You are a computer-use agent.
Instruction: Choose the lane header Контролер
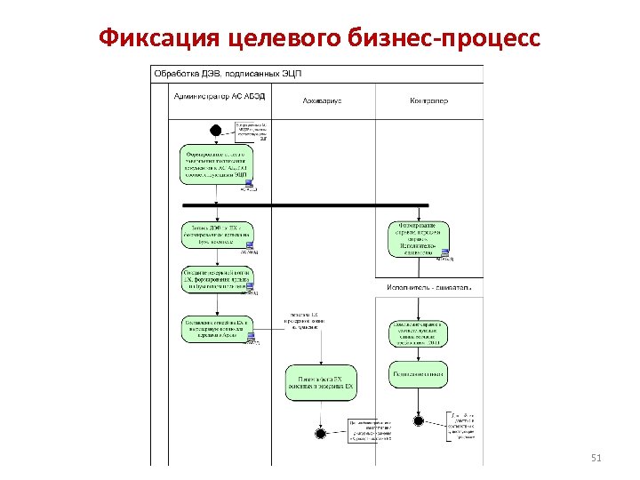(429, 100)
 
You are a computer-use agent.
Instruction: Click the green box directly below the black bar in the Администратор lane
(216, 236)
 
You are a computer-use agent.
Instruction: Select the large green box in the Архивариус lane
(320, 382)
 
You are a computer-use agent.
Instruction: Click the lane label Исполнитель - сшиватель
(429, 288)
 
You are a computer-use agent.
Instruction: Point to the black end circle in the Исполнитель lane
(418, 420)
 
